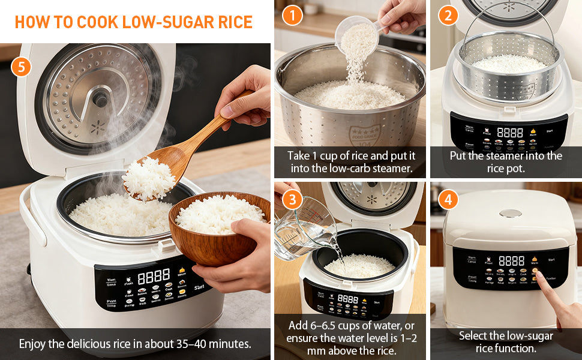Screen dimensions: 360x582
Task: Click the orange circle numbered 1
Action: (292, 14)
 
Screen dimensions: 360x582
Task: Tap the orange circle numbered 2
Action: (448, 14)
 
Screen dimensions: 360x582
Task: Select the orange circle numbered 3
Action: (292, 199)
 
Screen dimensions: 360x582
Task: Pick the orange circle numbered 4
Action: (448, 199)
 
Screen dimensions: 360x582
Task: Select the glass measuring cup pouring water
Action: (300, 225)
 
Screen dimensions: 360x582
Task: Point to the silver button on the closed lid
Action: (510, 213)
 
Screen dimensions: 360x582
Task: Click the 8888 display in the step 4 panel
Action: (511, 261)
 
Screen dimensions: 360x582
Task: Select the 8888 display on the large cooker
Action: (153, 277)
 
